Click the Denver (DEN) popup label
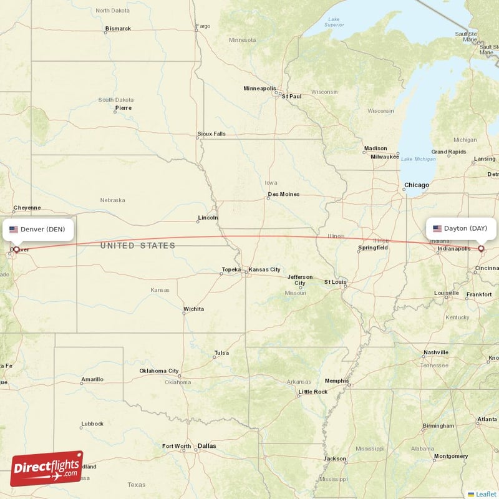click(x=39, y=229)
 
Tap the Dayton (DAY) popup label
click(x=461, y=228)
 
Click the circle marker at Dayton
click(x=481, y=249)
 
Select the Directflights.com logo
click(x=47, y=469)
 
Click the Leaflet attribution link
click(x=485, y=494)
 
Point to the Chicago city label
click(x=416, y=185)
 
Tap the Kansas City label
click(x=264, y=269)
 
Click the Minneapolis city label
click(x=259, y=89)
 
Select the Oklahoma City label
click(x=159, y=371)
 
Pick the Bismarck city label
click(x=118, y=29)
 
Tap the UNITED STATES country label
click(x=138, y=246)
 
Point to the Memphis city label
click(x=337, y=381)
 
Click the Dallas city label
click(x=206, y=446)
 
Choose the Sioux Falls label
click(x=211, y=134)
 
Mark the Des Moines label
click(x=283, y=195)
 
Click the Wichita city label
click(x=193, y=309)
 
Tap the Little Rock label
click(x=312, y=392)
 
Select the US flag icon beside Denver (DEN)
click(x=14, y=230)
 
